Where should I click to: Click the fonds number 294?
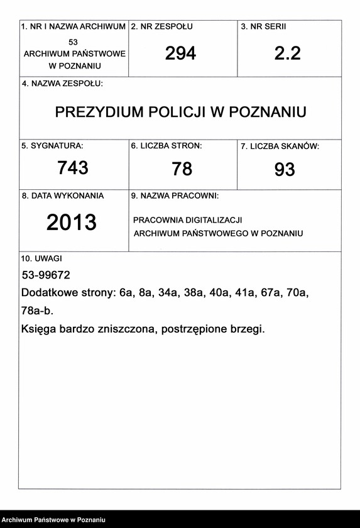coord(181,54)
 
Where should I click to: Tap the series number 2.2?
coord(288,54)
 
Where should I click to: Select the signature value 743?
coord(73,168)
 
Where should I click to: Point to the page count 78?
coord(182,169)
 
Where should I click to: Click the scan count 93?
coord(285,170)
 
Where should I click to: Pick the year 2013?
coord(72,223)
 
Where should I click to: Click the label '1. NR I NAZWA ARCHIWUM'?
coord(74,27)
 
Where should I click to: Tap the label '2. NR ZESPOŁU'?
coord(161,27)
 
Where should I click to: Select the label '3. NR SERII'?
coord(264,27)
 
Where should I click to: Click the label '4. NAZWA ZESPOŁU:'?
coord(62,84)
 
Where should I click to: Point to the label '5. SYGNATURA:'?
coord(52,146)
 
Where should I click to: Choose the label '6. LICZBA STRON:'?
coord(166,146)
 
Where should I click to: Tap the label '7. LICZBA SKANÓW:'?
coord(280,146)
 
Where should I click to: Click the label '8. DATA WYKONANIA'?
coord(63,195)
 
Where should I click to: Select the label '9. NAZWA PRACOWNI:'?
coord(175,196)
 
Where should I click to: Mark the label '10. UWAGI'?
coord(42,258)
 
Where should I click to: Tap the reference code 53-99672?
coord(46,275)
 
